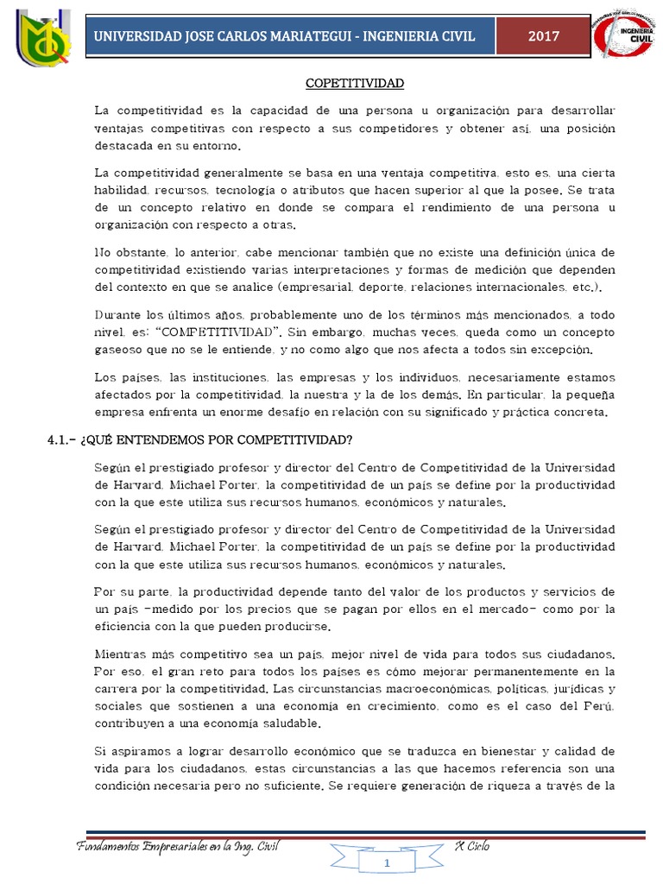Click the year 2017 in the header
click(x=544, y=36)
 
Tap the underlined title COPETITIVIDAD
click(x=355, y=84)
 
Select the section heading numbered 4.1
click(x=199, y=440)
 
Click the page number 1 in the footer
click(x=388, y=863)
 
